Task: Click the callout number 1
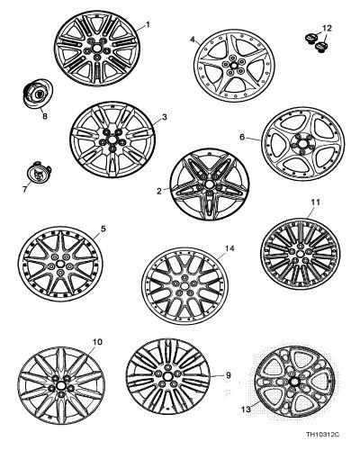(148, 24)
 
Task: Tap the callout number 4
(193, 40)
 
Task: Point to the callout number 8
(45, 116)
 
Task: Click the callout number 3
(164, 117)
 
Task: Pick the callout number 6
(242, 137)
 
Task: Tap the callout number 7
(24, 189)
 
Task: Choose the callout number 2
(159, 191)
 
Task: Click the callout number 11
(316, 202)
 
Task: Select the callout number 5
(103, 229)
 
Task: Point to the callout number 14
(229, 248)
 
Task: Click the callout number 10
(98, 342)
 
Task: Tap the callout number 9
(228, 374)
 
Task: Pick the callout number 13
(246, 409)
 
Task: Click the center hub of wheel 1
(97, 48)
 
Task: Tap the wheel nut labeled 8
(37, 93)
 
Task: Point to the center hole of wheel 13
(293, 382)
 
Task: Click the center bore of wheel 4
(233, 65)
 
